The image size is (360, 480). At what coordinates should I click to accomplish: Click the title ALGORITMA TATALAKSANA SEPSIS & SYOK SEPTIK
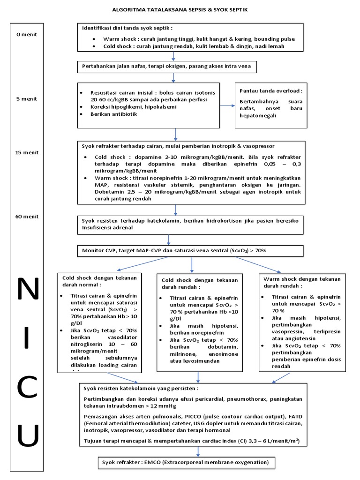click(180, 9)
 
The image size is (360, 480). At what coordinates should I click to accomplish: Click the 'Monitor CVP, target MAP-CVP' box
click(174, 251)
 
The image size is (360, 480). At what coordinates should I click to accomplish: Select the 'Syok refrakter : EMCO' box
click(186, 463)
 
